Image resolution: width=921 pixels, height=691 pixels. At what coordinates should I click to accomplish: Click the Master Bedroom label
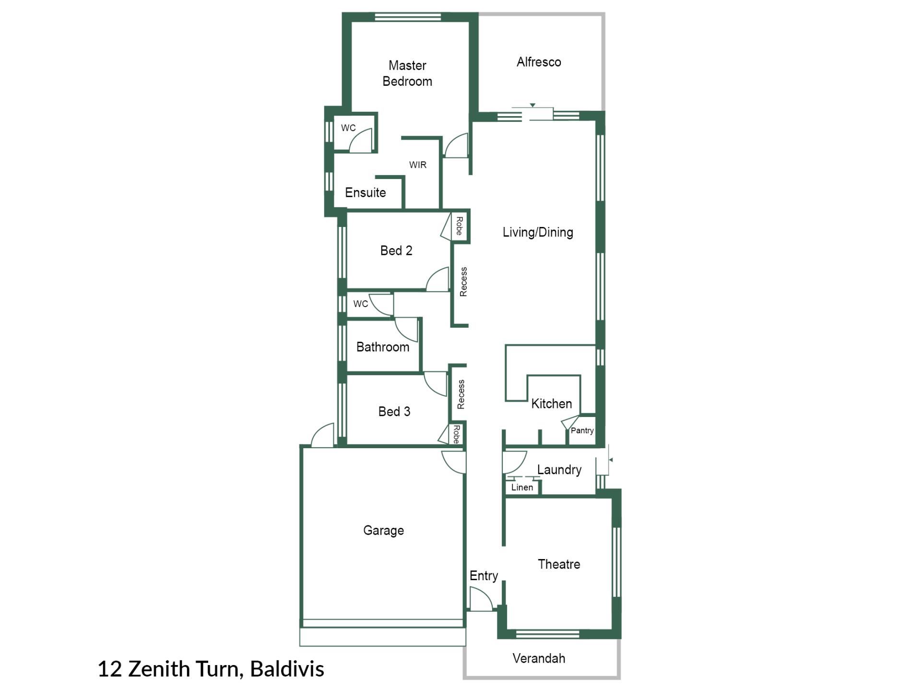point(407,73)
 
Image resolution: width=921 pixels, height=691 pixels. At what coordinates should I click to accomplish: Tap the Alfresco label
point(539,62)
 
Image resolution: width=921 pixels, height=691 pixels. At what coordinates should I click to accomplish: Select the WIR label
point(418,165)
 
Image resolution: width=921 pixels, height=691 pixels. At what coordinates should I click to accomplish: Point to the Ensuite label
point(366,192)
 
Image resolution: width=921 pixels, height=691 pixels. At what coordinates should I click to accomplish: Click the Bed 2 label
point(396,250)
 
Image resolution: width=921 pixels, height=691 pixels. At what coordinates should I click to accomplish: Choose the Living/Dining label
point(538,232)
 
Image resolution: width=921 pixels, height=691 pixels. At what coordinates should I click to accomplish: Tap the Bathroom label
point(383,347)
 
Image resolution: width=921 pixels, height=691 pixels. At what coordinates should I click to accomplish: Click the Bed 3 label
point(394,411)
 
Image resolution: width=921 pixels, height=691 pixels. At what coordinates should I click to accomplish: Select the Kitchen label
point(552,404)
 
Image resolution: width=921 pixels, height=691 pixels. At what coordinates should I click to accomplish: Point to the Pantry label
point(582,430)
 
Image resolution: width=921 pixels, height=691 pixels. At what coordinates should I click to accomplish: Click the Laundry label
point(559,469)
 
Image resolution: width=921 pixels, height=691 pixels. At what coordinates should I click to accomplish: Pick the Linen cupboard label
point(522,488)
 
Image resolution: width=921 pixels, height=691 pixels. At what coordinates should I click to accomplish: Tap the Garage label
point(383,530)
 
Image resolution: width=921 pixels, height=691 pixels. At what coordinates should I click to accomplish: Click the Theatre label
point(559,564)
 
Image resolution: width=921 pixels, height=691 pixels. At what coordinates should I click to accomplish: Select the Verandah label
point(539,658)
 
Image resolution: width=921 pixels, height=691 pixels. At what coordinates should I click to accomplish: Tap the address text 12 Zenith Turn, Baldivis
point(211,669)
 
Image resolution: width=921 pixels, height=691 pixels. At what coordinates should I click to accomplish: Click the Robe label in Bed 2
point(459,226)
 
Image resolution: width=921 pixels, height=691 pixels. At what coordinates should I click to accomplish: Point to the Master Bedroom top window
point(407,17)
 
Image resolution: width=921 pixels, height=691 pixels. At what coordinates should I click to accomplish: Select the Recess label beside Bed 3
point(461,394)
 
